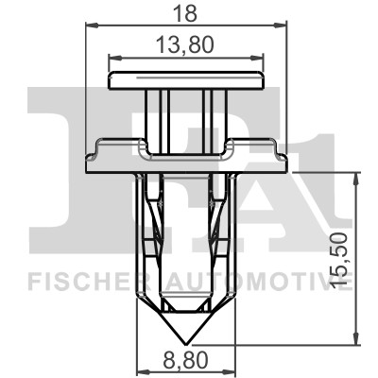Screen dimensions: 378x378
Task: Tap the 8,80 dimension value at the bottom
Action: click(184, 360)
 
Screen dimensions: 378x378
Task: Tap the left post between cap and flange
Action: click(156, 118)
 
